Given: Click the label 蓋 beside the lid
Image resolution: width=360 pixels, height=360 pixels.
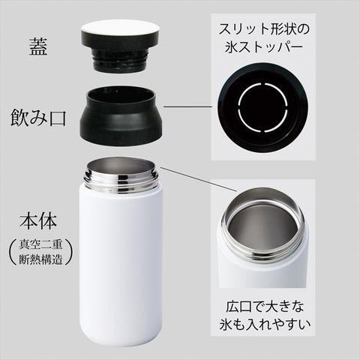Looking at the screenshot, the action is tap(38, 47).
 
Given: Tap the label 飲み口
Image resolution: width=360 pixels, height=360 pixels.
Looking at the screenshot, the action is tap(38, 118).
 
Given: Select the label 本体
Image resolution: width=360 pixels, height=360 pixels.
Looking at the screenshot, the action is tap(38, 221).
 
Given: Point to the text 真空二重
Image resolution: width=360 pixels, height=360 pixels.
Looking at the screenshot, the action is tap(40, 244).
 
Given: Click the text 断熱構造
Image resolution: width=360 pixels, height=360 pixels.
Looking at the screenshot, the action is tap(40, 259).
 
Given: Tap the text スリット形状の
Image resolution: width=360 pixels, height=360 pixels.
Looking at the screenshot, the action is tap(264, 29).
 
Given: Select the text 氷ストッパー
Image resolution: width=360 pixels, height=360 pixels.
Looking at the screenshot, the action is tap(264, 47).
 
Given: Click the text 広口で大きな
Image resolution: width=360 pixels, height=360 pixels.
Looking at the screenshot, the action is tap(265, 307).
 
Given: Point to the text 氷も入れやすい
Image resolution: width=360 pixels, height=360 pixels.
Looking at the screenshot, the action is tap(265, 325).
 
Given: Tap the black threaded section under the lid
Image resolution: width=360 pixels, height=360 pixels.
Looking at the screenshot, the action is tap(119, 60).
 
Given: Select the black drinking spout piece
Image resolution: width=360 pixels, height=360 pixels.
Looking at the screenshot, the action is tap(121, 116).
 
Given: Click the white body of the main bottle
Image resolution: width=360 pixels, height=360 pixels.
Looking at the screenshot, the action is tap(121, 265).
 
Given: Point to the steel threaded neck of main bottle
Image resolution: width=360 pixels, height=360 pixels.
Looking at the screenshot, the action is tap(121, 176).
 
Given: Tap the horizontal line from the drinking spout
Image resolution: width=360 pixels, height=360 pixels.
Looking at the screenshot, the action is tap(188, 107).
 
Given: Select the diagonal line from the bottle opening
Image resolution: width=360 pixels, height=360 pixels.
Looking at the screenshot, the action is tap(199, 179).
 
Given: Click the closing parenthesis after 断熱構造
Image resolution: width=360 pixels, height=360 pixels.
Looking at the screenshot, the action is tap(69, 252).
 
